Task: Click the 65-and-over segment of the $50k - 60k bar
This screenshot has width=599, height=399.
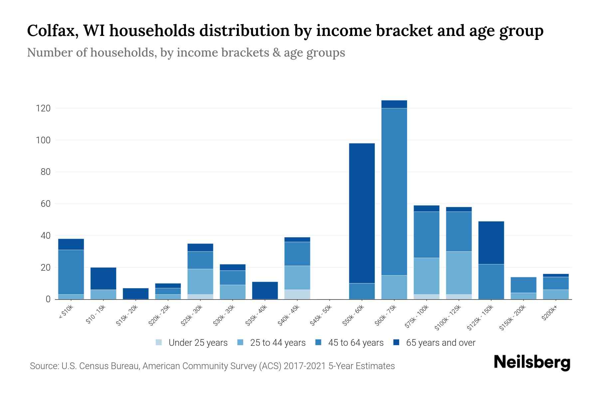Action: point(362,213)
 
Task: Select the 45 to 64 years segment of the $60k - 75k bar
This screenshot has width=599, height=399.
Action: point(394,192)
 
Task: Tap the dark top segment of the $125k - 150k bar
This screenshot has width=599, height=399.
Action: point(491,243)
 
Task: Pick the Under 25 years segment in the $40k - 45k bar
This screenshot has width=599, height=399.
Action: point(297,294)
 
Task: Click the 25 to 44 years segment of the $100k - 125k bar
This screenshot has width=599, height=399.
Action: point(459,273)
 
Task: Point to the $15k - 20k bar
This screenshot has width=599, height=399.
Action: point(136,294)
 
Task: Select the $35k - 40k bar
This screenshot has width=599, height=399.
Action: point(265,290)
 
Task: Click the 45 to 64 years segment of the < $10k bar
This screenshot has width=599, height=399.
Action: point(71,272)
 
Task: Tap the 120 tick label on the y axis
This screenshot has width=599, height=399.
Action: point(43,108)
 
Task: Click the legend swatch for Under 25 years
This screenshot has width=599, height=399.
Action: point(159,342)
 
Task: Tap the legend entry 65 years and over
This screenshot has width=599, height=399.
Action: point(440,342)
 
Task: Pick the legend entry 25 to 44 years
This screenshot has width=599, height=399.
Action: point(278,342)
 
